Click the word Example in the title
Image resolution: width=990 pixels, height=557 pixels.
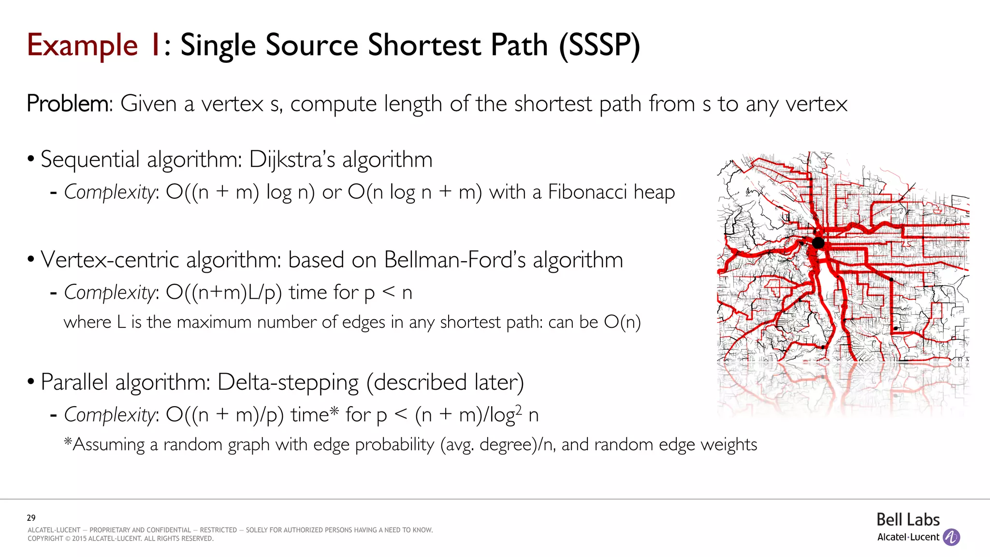click(82, 45)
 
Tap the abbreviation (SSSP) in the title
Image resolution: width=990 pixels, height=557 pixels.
click(599, 45)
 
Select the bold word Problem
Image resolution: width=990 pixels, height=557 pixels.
click(68, 103)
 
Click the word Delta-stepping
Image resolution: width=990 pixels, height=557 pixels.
click(288, 382)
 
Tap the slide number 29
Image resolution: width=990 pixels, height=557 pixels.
click(31, 518)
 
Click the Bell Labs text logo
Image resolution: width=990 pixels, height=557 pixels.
click(908, 520)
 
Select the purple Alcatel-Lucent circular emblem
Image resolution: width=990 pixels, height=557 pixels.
click(951, 537)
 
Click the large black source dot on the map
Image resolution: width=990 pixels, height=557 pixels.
click(818, 243)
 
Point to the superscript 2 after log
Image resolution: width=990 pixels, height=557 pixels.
click(518, 409)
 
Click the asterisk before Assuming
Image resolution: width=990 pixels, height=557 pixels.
click(68, 442)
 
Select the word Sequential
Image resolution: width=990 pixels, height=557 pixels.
click(90, 160)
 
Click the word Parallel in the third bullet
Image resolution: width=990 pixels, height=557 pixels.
click(74, 382)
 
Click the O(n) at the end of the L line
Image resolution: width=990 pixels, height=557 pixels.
click(622, 322)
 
